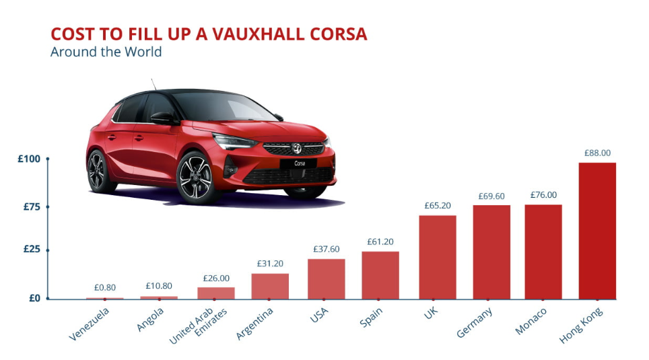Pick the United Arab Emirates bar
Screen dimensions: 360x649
(x=216, y=293)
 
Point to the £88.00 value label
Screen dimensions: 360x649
(x=597, y=153)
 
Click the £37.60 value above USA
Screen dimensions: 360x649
(x=327, y=249)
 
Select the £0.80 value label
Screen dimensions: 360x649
(x=104, y=288)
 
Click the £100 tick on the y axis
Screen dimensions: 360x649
(x=30, y=159)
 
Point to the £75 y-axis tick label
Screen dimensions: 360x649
(x=32, y=207)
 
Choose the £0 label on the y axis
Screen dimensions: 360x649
(x=34, y=298)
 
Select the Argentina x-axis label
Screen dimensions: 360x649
(x=256, y=324)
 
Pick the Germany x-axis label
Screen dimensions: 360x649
(x=475, y=322)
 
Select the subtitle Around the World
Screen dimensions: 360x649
(x=106, y=52)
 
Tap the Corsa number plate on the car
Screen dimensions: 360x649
(x=300, y=164)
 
